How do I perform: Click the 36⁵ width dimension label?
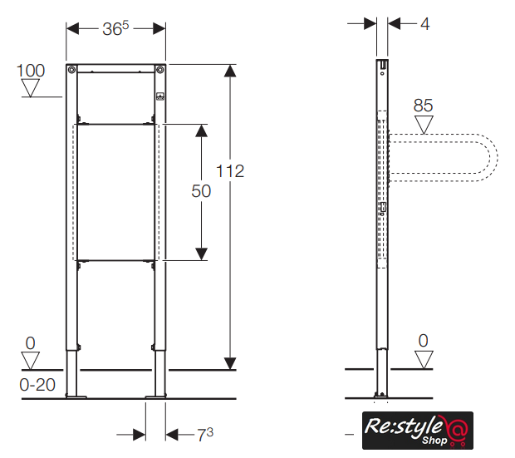click(x=115, y=28)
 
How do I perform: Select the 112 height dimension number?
click(x=230, y=171)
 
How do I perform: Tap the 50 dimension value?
click(x=201, y=191)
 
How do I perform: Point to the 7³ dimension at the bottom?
click(x=205, y=435)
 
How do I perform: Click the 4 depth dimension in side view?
click(x=425, y=24)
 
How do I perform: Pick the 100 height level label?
click(x=31, y=71)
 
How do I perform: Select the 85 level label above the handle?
click(x=423, y=106)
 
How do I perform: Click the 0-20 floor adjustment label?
click(x=37, y=385)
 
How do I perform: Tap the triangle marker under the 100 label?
click(x=30, y=88)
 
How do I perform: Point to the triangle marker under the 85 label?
click(x=424, y=125)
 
